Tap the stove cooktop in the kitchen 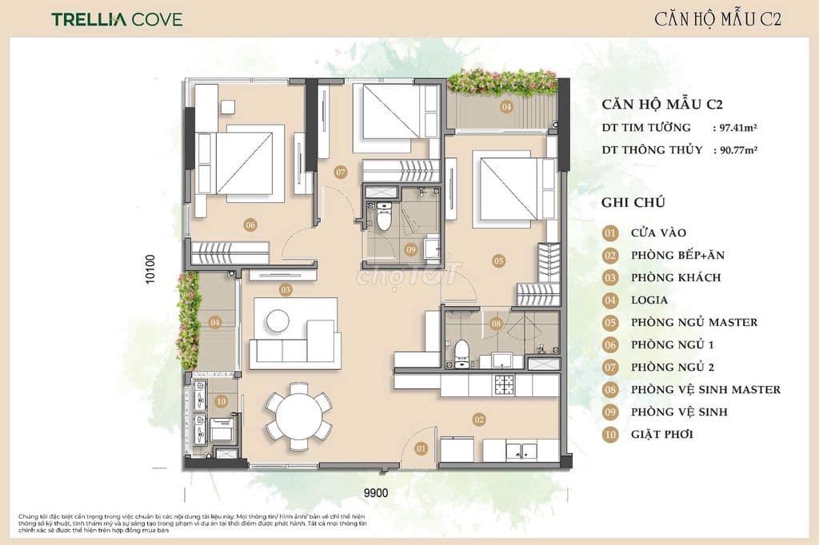tap(505, 385)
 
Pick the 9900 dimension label tap(374, 493)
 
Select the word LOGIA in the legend tap(649, 300)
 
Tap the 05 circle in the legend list tap(611, 323)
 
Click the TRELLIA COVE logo tap(118, 19)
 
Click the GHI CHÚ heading tap(633, 203)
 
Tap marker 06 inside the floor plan tap(250, 225)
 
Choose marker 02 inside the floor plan tap(479, 419)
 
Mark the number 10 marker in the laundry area tap(222, 401)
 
